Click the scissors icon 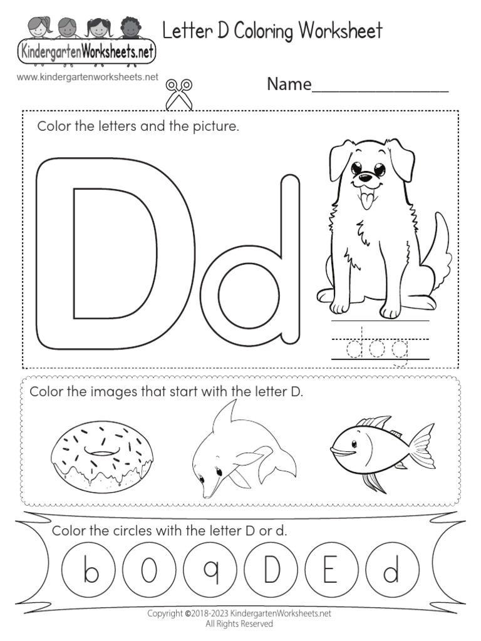pyautogui.click(x=178, y=92)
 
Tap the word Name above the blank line pyautogui.click(x=289, y=84)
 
